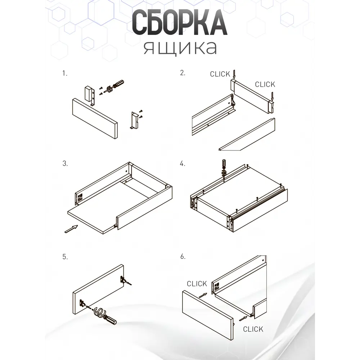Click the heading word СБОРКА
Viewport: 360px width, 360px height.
click(x=180, y=22)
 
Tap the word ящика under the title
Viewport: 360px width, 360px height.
click(x=180, y=48)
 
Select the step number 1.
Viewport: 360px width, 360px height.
click(x=65, y=73)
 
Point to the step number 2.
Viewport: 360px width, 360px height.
click(x=183, y=73)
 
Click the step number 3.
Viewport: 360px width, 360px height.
click(x=65, y=163)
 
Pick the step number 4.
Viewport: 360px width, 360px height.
click(x=183, y=164)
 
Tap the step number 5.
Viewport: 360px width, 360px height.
click(x=65, y=257)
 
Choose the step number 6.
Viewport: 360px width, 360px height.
click(x=183, y=256)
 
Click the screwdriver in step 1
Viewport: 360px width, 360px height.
click(x=114, y=86)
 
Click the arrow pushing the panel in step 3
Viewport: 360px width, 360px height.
click(x=71, y=229)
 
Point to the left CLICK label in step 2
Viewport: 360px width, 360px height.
click(x=220, y=74)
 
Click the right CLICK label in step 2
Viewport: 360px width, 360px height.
click(x=265, y=85)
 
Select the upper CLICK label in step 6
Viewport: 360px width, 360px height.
click(x=197, y=284)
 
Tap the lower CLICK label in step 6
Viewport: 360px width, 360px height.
click(x=253, y=329)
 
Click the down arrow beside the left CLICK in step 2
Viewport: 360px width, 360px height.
click(x=234, y=74)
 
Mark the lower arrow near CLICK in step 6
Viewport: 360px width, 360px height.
click(x=243, y=319)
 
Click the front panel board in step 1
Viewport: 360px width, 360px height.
click(x=95, y=119)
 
